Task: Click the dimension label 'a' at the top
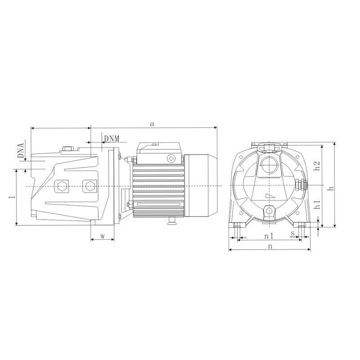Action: [x=152, y=124]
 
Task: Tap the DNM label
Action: [x=112, y=139]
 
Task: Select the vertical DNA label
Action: [x=21, y=151]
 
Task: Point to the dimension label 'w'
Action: [x=103, y=236]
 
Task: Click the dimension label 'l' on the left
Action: [x=13, y=197]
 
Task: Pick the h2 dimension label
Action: [x=317, y=166]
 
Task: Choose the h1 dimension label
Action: [x=317, y=204]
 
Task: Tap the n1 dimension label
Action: [x=269, y=236]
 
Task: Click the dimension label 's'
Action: [x=292, y=234]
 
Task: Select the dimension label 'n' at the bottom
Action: [x=270, y=246]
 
